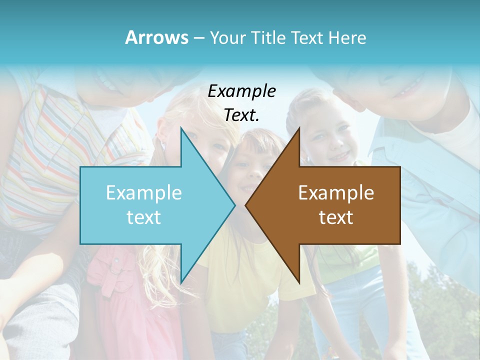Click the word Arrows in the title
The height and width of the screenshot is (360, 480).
pyautogui.click(x=156, y=37)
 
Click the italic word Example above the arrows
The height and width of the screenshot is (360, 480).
pyautogui.click(x=241, y=91)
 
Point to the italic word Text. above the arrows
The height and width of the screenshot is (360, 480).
pyautogui.click(x=241, y=115)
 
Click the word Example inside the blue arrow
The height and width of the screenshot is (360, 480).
pyautogui.click(x=144, y=193)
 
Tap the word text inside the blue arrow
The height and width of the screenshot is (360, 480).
pyautogui.click(x=144, y=217)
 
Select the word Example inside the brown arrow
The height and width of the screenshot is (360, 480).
pyautogui.click(x=336, y=193)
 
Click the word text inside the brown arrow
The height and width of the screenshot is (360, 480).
pyautogui.click(x=336, y=217)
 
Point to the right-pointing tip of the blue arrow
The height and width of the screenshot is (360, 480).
pyautogui.click(x=234, y=205)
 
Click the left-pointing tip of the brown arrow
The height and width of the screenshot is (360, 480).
pyautogui.click(x=246, y=205)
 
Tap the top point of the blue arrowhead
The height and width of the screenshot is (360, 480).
pyautogui.click(x=181, y=128)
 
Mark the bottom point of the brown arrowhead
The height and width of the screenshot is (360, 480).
pyautogui.click(x=299, y=282)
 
